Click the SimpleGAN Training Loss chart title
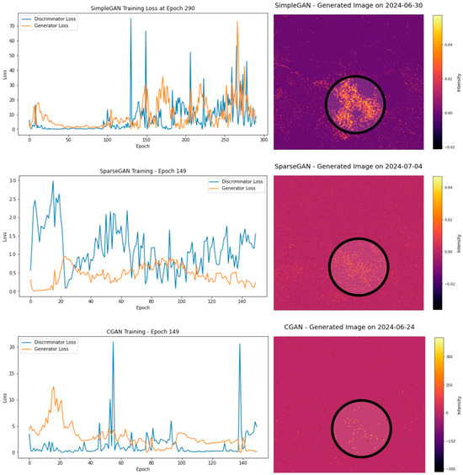(x=138, y=8)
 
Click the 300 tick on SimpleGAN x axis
(x=262, y=139)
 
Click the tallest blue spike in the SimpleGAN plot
(x=130, y=19)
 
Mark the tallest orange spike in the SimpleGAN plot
(x=237, y=23)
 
